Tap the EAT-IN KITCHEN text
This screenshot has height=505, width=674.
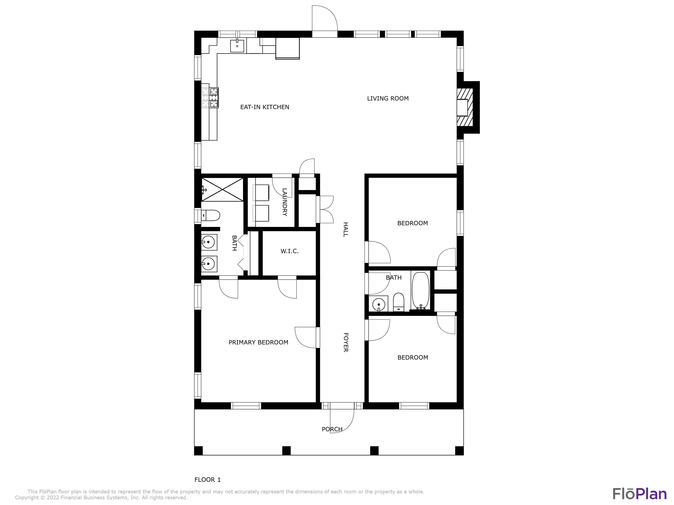click(265, 107)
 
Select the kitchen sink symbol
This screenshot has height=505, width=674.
click(237, 46)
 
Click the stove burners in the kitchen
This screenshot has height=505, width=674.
click(214, 97)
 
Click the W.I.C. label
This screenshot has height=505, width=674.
click(289, 251)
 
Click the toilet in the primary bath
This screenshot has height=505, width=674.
click(211, 215)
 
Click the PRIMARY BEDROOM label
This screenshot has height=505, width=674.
click(258, 342)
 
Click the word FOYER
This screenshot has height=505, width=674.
click(346, 342)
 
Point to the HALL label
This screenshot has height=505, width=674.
click(346, 229)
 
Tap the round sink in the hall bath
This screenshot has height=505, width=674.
click(378, 304)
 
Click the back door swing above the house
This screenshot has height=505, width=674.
click(325, 18)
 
